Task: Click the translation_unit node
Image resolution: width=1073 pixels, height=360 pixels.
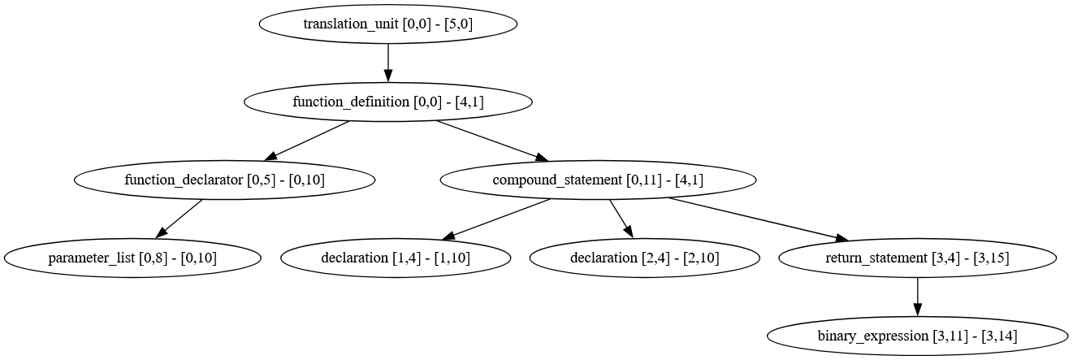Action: pos(388,24)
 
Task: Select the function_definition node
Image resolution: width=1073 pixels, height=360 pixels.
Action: pos(388,102)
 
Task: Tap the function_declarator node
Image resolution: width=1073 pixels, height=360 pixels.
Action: pos(225,180)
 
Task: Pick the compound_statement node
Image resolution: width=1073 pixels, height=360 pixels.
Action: pos(598,180)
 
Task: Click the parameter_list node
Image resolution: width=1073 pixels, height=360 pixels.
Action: pos(132,258)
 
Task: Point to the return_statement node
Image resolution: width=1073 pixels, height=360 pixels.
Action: pos(917,258)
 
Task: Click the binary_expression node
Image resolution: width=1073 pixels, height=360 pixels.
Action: pos(917,336)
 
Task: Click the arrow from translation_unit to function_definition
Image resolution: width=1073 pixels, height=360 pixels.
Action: pos(388,63)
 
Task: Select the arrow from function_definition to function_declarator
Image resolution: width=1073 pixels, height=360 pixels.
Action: pos(309,141)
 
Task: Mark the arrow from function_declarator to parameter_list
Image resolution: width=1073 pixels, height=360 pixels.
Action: pos(180,219)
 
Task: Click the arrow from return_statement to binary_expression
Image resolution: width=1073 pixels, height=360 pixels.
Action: pos(917,297)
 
